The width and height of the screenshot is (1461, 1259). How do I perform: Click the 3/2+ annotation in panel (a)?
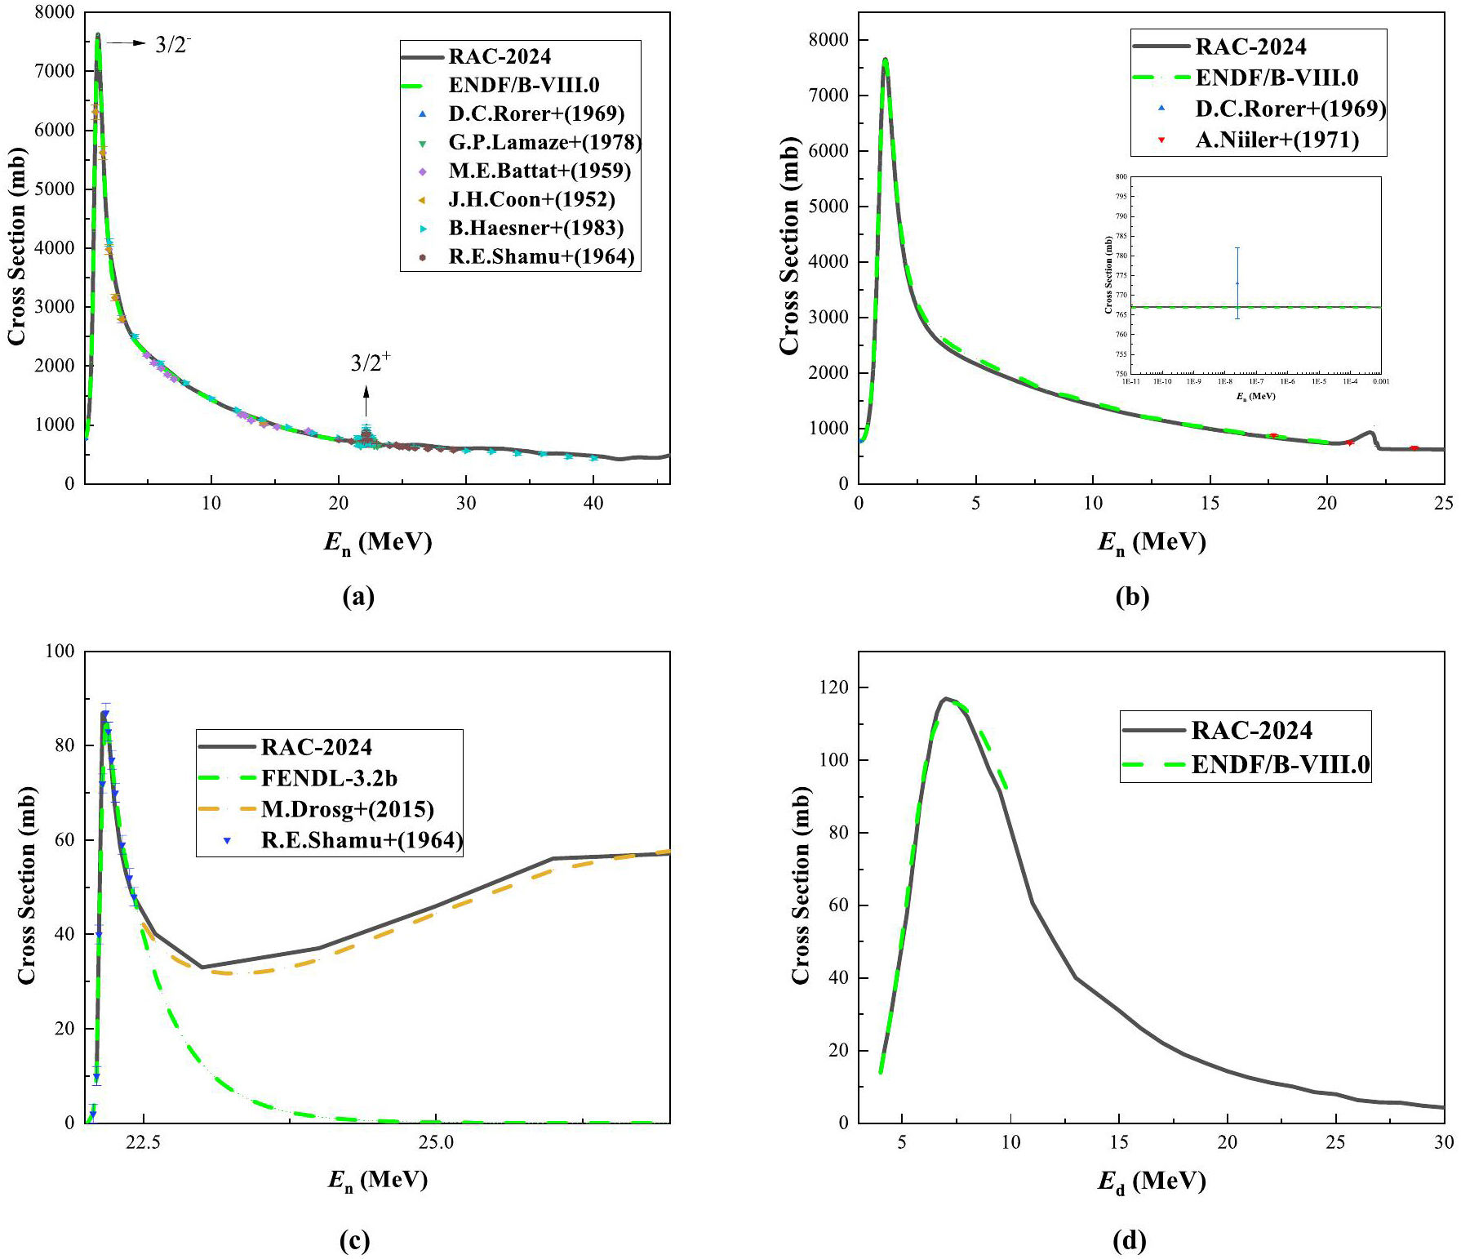[x=371, y=362]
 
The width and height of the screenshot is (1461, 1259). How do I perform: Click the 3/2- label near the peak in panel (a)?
[x=173, y=44]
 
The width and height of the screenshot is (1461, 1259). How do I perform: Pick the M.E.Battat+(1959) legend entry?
[x=539, y=171]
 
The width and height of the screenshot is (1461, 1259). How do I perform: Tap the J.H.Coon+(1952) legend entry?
[x=531, y=199]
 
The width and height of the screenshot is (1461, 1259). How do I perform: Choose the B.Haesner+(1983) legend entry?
[x=535, y=228]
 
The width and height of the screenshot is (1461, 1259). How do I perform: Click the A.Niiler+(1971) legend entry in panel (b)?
[x=1277, y=140]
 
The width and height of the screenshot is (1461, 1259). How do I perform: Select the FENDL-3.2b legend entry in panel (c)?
[x=328, y=778]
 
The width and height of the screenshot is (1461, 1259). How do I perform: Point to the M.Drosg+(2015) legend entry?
[x=347, y=809]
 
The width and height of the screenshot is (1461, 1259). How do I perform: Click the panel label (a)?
[x=358, y=597]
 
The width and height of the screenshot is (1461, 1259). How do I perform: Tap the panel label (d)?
[x=1130, y=1241]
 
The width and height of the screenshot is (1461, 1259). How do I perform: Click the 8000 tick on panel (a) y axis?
[x=56, y=13]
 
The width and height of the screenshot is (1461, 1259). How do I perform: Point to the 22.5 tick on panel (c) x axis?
[x=143, y=1142]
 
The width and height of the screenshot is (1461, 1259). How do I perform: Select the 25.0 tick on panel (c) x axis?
[x=436, y=1142]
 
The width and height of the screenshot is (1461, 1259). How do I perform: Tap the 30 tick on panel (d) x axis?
[x=1443, y=1142]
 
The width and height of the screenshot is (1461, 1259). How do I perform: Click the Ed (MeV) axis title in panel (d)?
[x=1151, y=1181]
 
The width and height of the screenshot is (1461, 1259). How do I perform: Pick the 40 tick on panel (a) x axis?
[x=593, y=504]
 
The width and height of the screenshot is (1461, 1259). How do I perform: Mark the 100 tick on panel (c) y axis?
[x=59, y=652]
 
